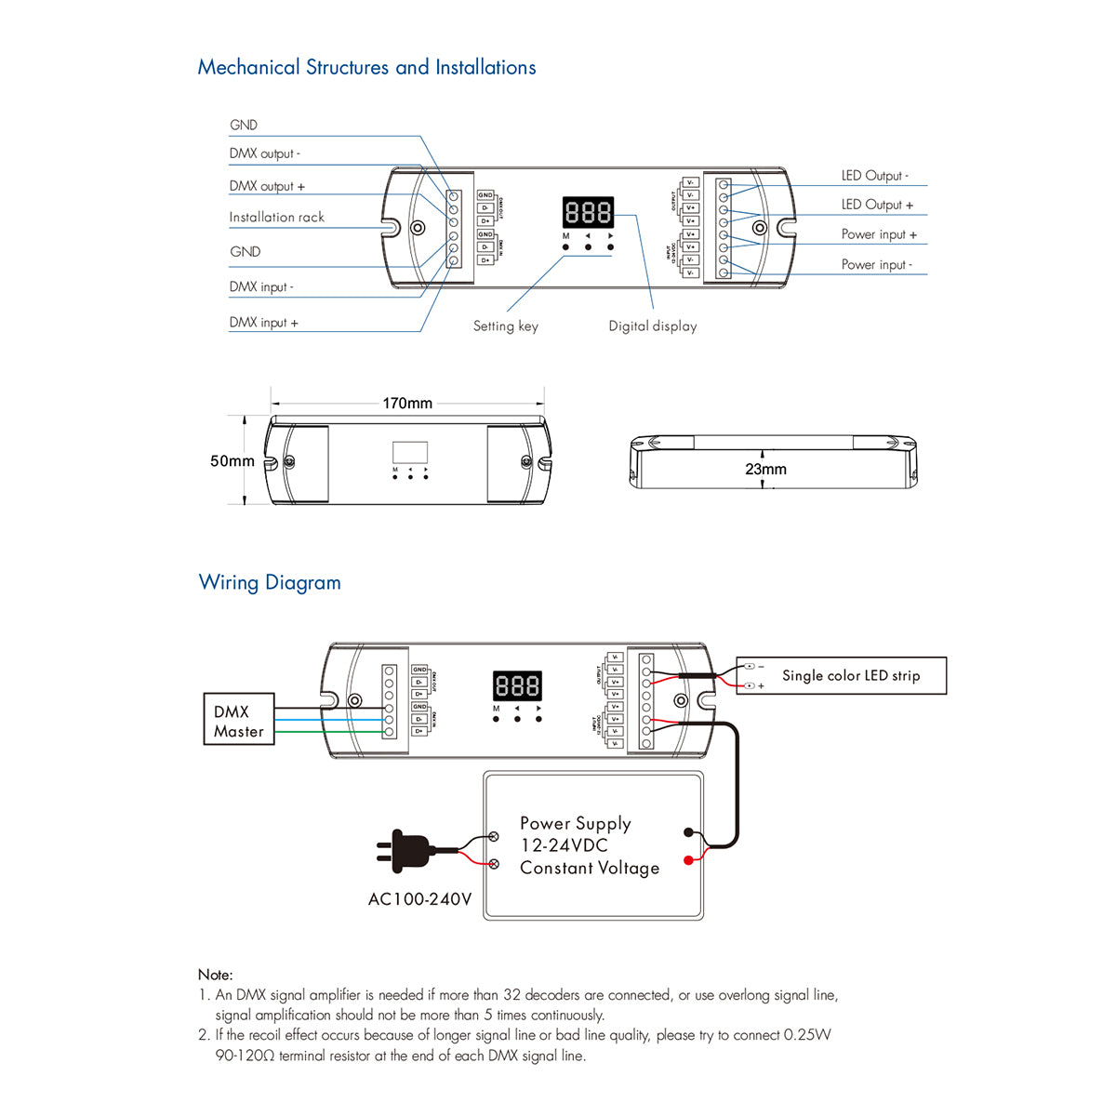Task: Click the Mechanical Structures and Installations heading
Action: (x=366, y=68)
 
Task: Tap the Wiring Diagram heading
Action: (x=270, y=583)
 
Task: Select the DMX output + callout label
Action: (x=267, y=186)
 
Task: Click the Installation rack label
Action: (x=276, y=218)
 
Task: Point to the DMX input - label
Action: (x=261, y=287)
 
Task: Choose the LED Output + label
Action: (x=877, y=205)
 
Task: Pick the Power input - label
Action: (x=877, y=265)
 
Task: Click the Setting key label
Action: (x=505, y=326)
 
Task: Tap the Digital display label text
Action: (x=652, y=326)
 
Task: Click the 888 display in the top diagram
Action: (x=588, y=213)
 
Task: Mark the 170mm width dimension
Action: (x=407, y=404)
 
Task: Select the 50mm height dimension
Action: (x=232, y=461)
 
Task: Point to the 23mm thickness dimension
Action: (x=765, y=470)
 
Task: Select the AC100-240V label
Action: (x=419, y=899)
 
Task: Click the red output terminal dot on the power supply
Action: (x=688, y=860)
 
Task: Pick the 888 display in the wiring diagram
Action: (x=517, y=686)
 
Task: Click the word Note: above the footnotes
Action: (x=215, y=975)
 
